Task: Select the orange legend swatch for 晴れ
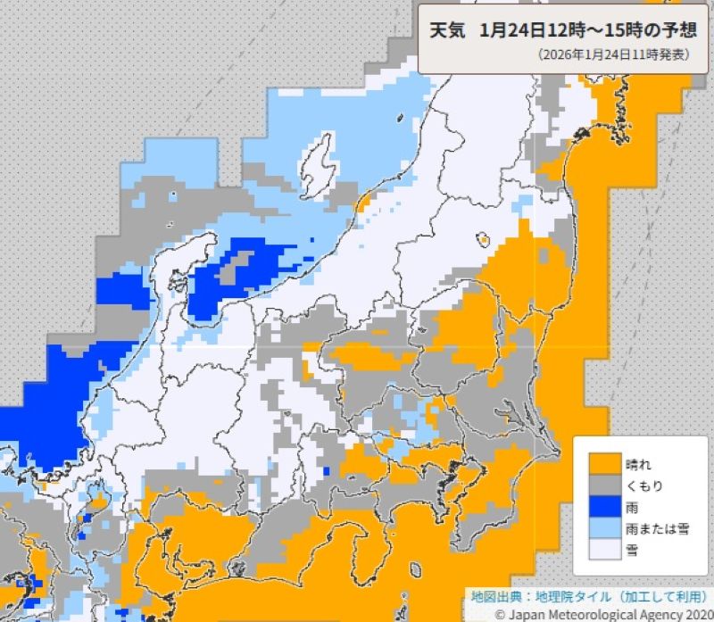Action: [x=602, y=464]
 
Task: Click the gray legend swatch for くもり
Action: [x=602, y=485]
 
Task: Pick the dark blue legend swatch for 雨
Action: [x=602, y=507]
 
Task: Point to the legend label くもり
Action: [x=643, y=485]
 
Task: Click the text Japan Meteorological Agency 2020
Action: [x=610, y=613]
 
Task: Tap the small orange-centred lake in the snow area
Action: [x=482, y=239]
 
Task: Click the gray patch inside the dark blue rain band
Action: [x=237, y=265]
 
